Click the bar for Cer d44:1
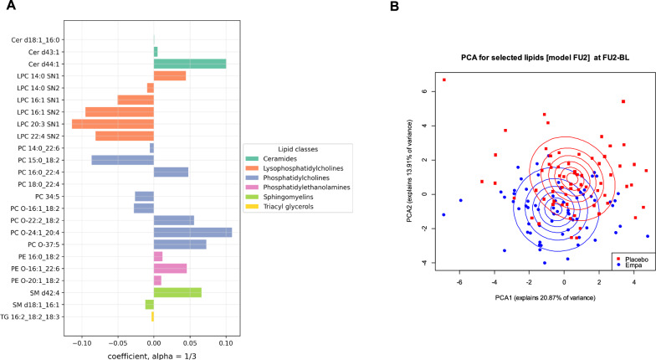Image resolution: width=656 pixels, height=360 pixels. [x=189, y=64]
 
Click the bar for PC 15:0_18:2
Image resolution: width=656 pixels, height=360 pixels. [x=122, y=160]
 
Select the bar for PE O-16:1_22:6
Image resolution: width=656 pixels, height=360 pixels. [x=170, y=268]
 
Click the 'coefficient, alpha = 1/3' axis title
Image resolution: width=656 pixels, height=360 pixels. [x=152, y=355]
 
